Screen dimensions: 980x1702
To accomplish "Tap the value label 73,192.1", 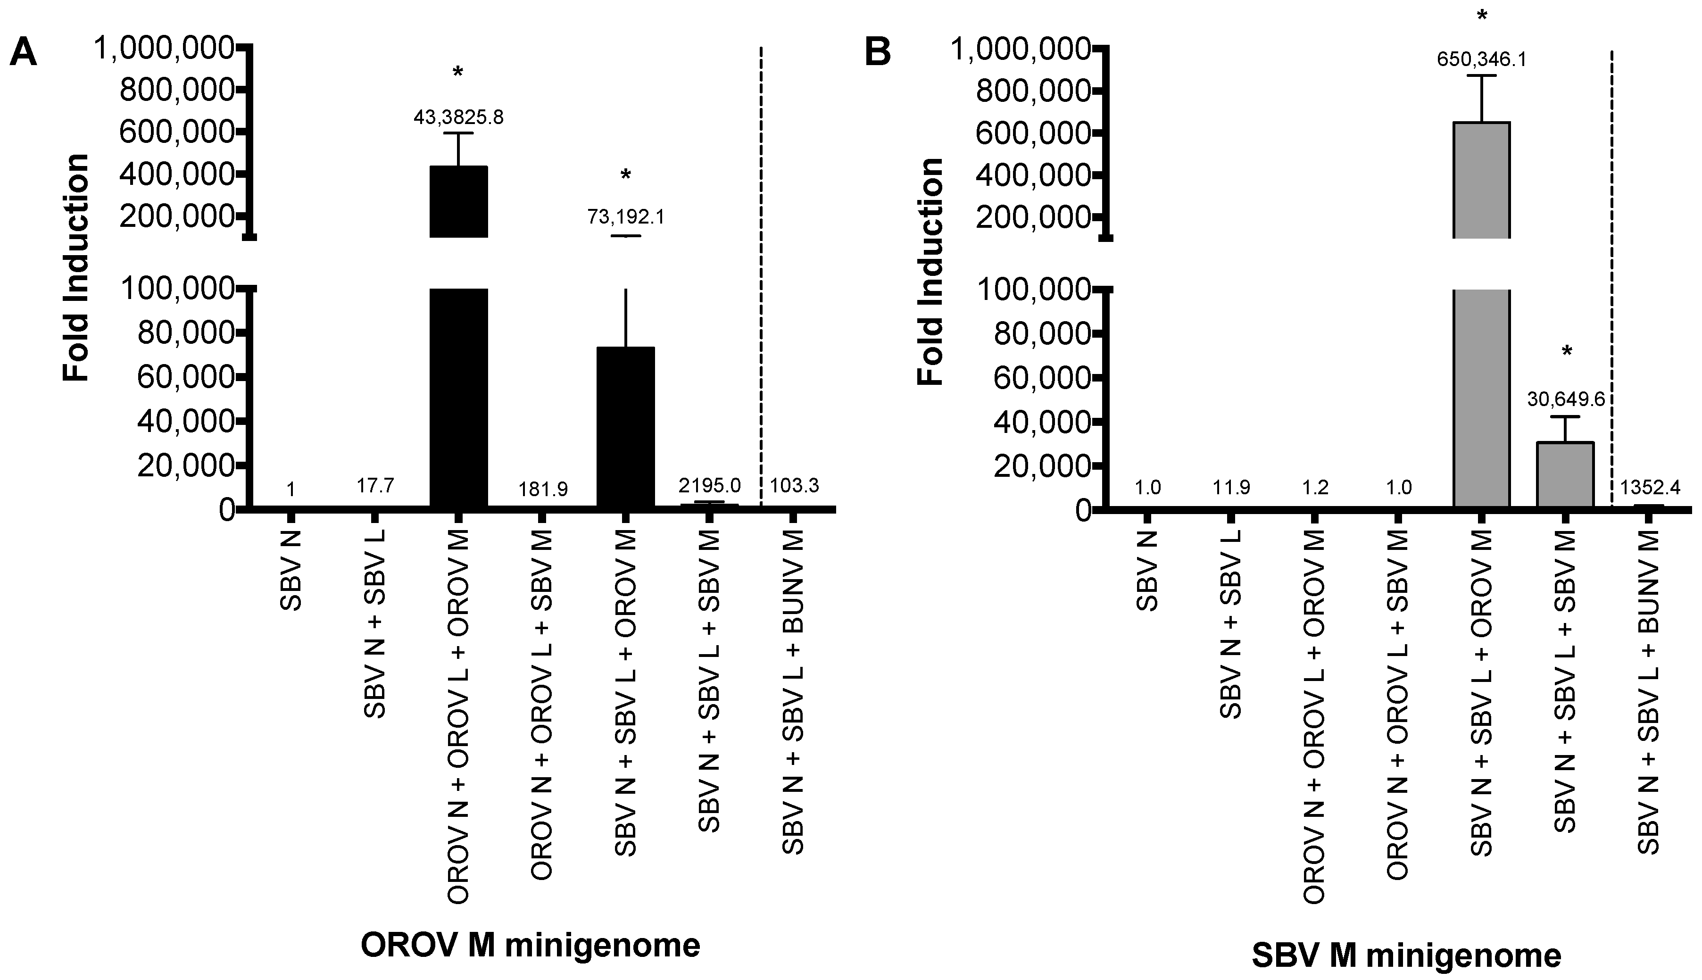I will click(x=625, y=217).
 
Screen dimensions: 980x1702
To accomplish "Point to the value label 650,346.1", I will click(x=1481, y=59).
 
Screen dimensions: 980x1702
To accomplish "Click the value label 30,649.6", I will click(x=1566, y=399).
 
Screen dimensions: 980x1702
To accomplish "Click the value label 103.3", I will click(x=794, y=485).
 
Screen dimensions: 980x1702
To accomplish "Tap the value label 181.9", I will click(x=542, y=490).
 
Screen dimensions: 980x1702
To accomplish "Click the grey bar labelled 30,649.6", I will click(x=1565, y=474).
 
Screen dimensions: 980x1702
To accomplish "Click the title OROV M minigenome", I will click(x=531, y=945).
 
